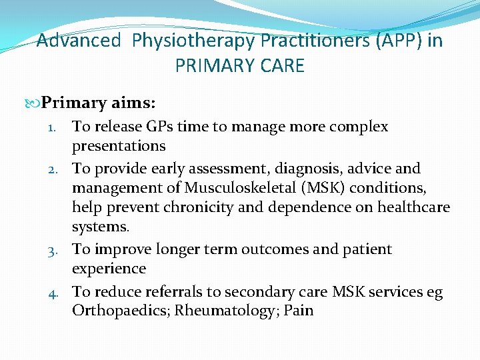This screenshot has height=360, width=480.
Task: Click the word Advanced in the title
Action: [x=79, y=41]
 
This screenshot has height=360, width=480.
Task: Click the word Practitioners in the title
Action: [x=313, y=41]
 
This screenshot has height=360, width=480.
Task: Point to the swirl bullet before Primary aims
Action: [x=34, y=103]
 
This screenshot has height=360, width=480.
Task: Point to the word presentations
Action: [x=119, y=146]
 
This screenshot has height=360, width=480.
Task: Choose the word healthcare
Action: [x=413, y=207]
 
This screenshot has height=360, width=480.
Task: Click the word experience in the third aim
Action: [x=109, y=269]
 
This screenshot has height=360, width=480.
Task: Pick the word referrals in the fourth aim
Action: [x=158, y=292]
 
